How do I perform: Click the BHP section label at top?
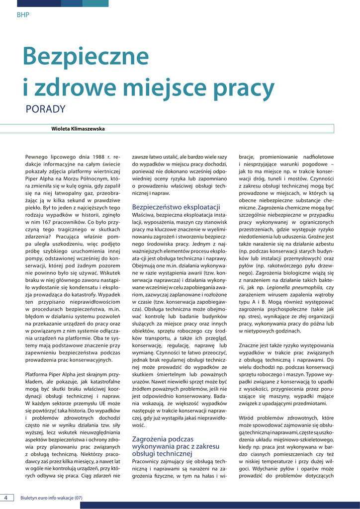tap(23, 15)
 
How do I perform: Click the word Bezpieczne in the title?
tap(86, 57)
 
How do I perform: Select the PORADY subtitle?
tap(45, 109)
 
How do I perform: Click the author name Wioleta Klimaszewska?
tap(78, 129)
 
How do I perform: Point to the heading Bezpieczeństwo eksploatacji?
tap(176, 206)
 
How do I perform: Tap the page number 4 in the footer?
tap(6, 498)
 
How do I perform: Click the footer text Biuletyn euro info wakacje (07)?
tap(51, 498)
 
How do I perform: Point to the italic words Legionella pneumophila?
tap(293, 287)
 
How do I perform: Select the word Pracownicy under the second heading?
tap(148, 461)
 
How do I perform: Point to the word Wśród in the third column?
tap(248, 418)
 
